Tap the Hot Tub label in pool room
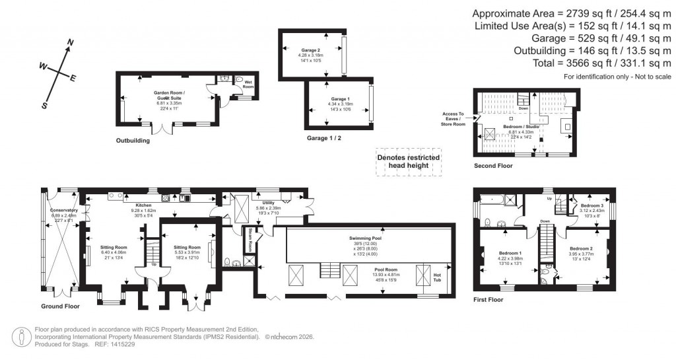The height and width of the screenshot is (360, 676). pyautogui.click(x=436, y=275)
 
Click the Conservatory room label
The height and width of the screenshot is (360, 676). pyautogui.click(x=64, y=211)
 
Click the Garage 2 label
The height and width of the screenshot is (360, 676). pyautogui.click(x=310, y=50)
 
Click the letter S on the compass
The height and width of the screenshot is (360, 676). pyautogui.click(x=45, y=105)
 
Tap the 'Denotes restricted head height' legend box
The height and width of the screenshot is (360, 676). pyautogui.click(x=408, y=162)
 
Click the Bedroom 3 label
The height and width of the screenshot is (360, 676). pyautogui.click(x=590, y=205)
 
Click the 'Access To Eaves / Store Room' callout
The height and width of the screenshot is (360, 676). pyautogui.click(x=453, y=118)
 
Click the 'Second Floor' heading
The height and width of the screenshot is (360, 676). pyautogui.click(x=492, y=166)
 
